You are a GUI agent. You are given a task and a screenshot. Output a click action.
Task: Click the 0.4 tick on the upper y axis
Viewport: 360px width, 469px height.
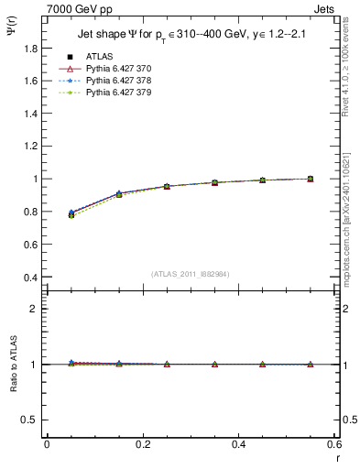(x=34, y=278)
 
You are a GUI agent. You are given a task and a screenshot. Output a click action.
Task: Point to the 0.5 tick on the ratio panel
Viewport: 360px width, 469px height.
(x=34, y=420)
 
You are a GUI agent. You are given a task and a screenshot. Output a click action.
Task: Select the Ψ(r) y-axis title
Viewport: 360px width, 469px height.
(x=13, y=36)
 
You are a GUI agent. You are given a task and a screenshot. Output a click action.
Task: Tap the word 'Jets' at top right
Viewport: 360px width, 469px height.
(x=324, y=7)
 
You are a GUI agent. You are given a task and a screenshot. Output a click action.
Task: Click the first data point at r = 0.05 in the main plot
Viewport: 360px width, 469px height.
(x=71, y=214)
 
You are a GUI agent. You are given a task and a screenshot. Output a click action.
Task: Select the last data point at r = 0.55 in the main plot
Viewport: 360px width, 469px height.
(x=311, y=179)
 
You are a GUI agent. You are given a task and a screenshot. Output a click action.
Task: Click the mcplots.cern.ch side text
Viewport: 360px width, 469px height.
(x=352, y=220)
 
